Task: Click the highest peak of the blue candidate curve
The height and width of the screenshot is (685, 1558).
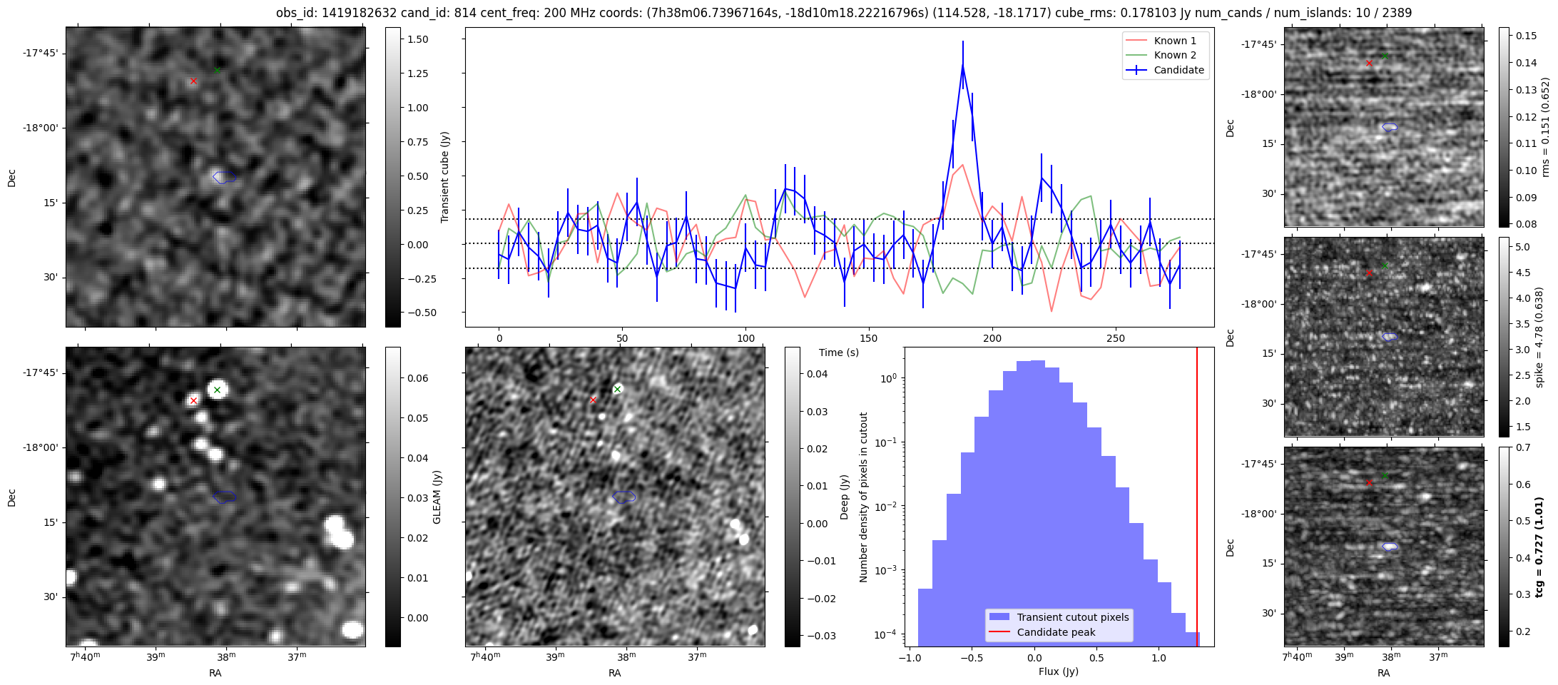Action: [x=962, y=66]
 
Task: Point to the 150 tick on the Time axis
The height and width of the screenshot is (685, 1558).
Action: [x=869, y=338]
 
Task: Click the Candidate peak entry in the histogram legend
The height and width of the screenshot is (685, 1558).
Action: [x=1056, y=632]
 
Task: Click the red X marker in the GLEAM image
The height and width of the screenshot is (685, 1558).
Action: [x=193, y=401]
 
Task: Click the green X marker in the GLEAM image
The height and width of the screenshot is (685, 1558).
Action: [x=217, y=390]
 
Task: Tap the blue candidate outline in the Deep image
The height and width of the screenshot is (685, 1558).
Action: [x=624, y=497]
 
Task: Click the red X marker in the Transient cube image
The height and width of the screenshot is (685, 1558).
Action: [x=193, y=81]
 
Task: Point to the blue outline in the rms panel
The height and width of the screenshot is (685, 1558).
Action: [x=1390, y=127]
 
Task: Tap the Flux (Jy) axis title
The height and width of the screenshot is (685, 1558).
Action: [x=1058, y=671]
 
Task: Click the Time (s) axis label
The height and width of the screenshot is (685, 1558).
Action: [x=838, y=352]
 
